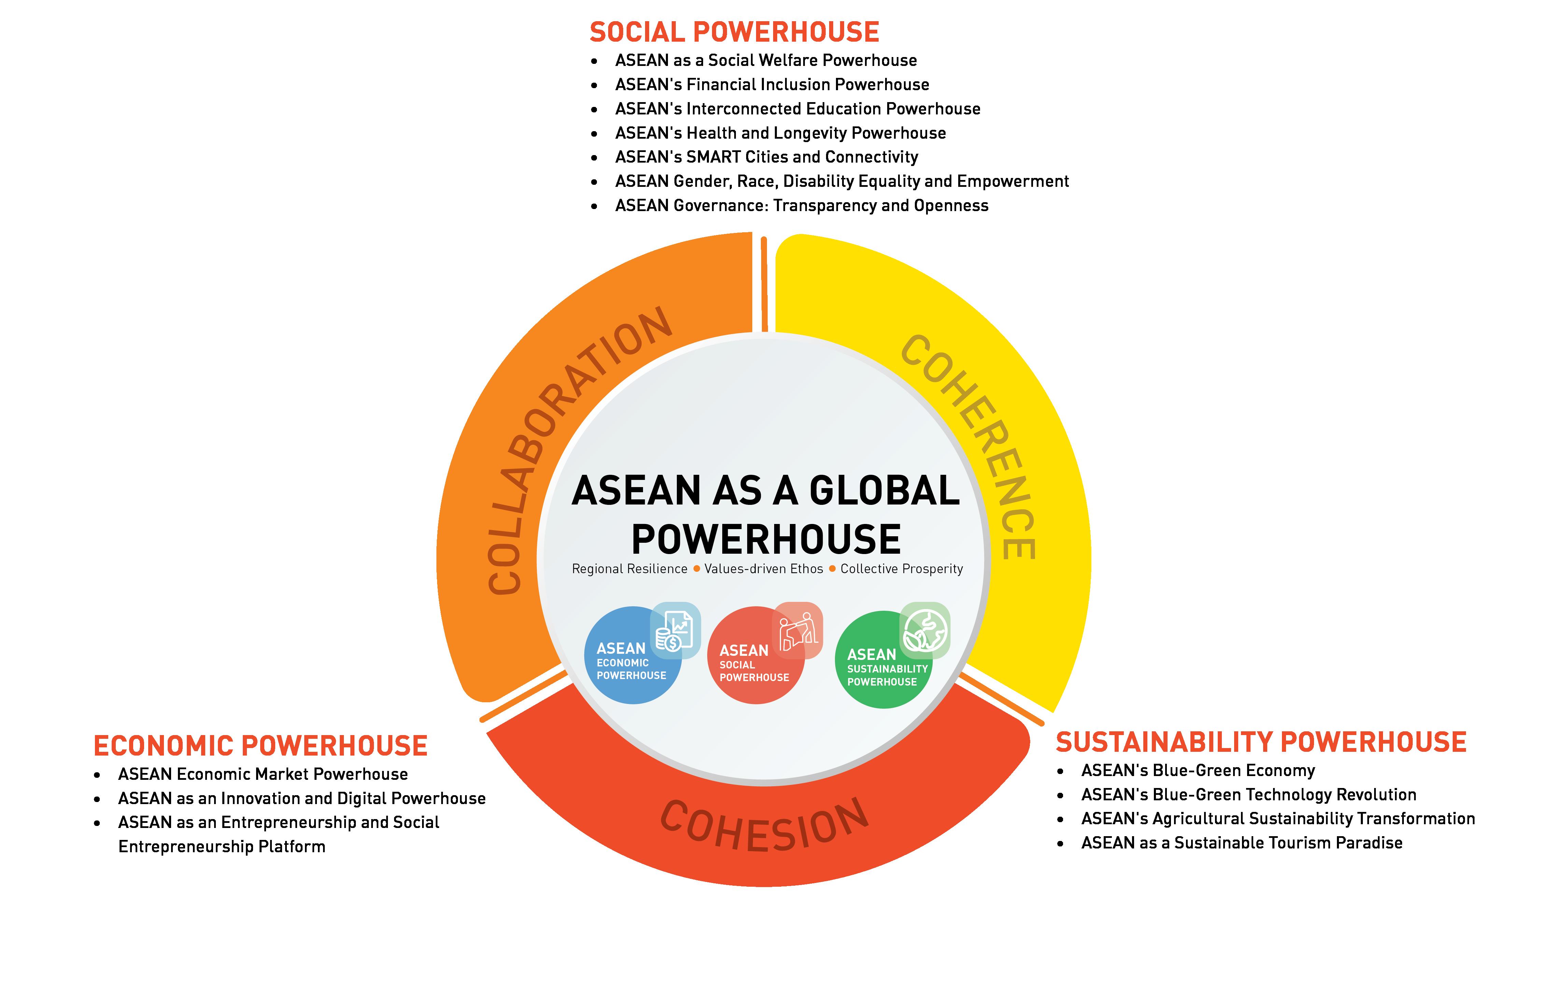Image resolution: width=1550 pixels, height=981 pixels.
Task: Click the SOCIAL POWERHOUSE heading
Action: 734,32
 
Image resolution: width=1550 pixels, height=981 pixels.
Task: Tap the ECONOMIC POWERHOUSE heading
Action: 260,746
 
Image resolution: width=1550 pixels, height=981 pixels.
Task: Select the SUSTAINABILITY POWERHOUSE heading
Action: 1260,742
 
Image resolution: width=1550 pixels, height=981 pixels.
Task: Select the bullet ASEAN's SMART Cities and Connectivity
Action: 766,157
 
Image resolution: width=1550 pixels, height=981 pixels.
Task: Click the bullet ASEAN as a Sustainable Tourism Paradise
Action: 1241,843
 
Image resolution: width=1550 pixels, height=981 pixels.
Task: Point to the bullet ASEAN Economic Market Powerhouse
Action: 263,774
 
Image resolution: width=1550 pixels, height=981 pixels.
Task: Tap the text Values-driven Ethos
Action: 764,569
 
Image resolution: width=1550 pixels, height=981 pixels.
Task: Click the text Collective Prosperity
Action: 901,569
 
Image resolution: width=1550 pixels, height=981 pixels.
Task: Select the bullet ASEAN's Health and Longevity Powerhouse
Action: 780,133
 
